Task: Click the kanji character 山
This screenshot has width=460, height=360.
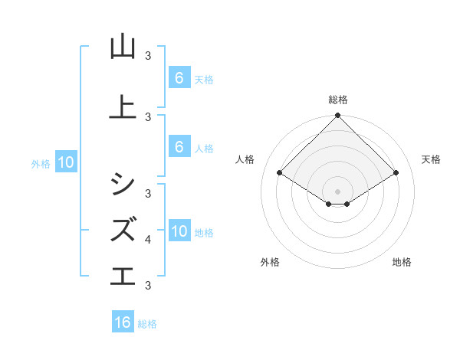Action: pyautogui.click(x=123, y=47)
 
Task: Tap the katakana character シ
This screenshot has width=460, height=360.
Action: pyautogui.click(x=123, y=182)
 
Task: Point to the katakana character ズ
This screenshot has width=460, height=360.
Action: pyautogui.click(x=123, y=228)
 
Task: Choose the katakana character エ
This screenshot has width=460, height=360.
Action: pyautogui.click(x=123, y=275)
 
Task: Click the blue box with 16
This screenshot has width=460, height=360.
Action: pyautogui.click(x=123, y=322)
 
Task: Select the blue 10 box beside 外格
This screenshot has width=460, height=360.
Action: pyautogui.click(x=65, y=162)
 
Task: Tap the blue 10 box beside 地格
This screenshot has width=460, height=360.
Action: pyautogui.click(x=179, y=231)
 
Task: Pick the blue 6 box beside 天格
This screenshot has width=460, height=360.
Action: pyautogui.click(x=179, y=77)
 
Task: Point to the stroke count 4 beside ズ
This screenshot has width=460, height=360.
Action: pyautogui.click(x=148, y=240)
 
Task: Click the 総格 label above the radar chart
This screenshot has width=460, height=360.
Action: pyautogui.click(x=338, y=100)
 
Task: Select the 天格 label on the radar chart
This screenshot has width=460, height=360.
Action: pyautogui.click(x=431, y=159)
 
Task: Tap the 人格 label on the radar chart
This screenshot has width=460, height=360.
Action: pyautogui.click(x=245, y=159)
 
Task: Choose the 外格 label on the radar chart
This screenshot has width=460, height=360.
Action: pyautogui.click(x=269, y=262)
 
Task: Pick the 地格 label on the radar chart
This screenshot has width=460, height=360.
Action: pyautogui.click(x=402, y=262)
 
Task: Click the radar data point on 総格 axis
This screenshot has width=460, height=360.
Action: pyautogui.click(x=338, y=116)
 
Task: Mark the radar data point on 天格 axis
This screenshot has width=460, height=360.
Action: pyautogui.click(x=396, y=172)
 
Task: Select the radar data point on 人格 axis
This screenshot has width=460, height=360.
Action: pyautogui.click(x=280, y=172)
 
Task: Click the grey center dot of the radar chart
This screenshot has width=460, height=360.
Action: pyautogui.click(x=338, y=191)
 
